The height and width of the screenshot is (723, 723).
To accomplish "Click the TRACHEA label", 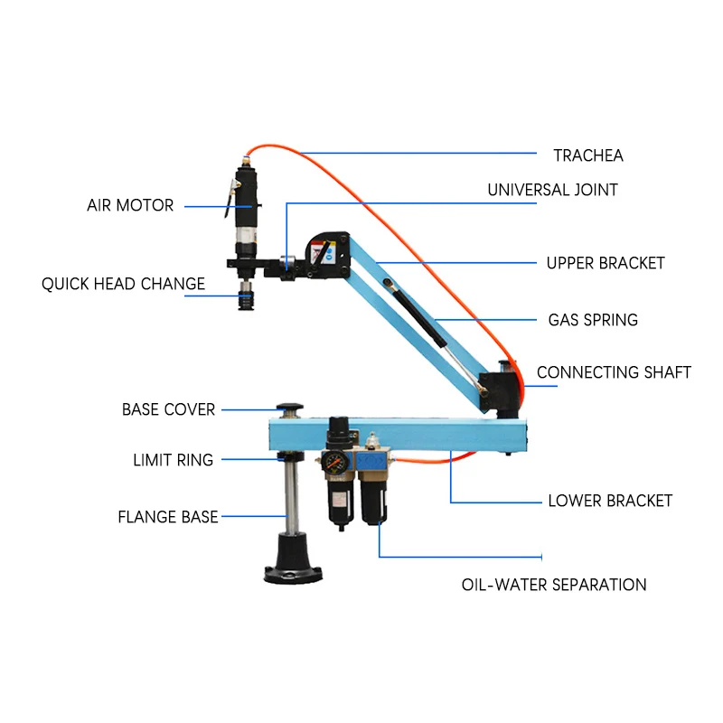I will point(588,155).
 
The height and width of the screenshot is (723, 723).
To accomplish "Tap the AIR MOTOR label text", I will point(130,205).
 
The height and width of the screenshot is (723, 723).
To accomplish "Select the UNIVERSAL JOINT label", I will point(552,190).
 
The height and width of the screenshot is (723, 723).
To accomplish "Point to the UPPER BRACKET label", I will point(606,263).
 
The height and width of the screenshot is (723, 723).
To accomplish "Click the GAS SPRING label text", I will point(593,320).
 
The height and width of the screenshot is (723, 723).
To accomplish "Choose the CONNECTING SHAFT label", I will point(614,372).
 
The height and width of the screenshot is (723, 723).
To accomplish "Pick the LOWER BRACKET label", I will point(610,501).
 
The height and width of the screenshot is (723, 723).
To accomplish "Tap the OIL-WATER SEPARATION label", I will point(554,585).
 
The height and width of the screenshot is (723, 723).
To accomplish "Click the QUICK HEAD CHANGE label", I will point(123,284).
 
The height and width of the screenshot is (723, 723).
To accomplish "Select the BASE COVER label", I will point(168,409).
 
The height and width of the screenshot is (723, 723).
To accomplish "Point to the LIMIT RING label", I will point(173,460).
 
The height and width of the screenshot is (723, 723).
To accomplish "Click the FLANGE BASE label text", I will point(168,517).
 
